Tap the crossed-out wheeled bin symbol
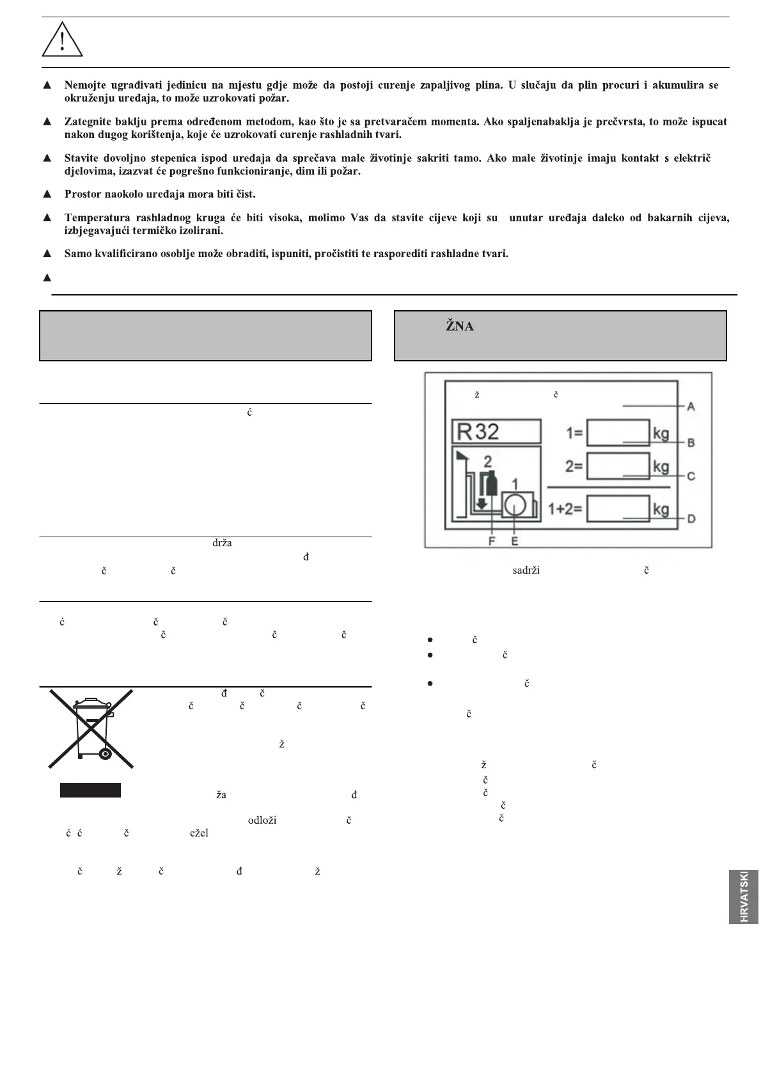91,729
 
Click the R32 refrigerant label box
496,432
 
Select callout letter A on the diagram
691,406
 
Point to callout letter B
691,443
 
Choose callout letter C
691,476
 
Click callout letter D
691,519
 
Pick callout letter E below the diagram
514,540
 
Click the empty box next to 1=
618,433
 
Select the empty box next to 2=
618,466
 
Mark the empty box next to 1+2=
618,509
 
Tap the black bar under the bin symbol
90,790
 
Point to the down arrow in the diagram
482,503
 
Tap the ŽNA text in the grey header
459,327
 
